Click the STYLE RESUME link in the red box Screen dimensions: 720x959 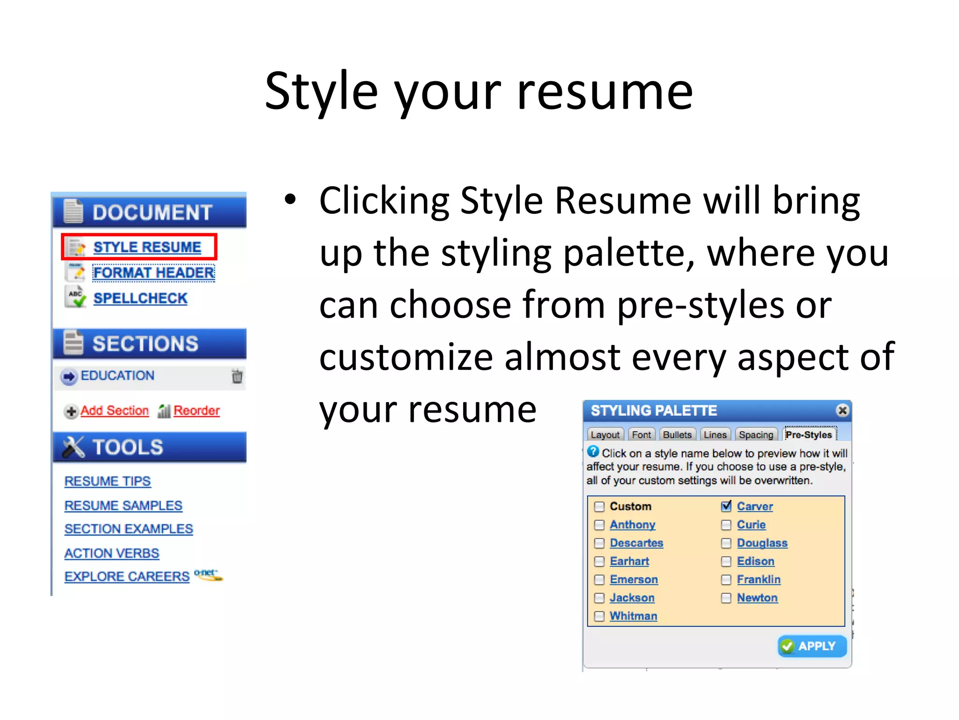(147, 247)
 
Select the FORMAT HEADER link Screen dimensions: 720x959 (154, 273)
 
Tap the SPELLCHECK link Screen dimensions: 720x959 (140, 299)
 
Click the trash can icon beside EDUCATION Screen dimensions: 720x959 (237, 376)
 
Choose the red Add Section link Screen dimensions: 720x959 (114, 411)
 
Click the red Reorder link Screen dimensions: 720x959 (196, 411)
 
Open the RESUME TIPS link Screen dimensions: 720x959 (108, 481)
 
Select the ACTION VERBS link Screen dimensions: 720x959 (112, 554)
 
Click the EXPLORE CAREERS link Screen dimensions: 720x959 (127, 577)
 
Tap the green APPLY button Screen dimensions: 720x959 (812, 646)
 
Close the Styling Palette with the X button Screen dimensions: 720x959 (842, 411)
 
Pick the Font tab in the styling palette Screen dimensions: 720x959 (641, 435)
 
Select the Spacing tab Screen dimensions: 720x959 (756, 435)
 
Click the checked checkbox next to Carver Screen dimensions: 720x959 (726, 506)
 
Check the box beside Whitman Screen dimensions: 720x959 (599, 616)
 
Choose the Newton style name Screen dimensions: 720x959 (757, 598)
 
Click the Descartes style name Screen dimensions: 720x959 (636, 543)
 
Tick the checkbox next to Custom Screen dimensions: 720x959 (599, 507)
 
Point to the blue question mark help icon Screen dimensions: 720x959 (593, 451)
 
